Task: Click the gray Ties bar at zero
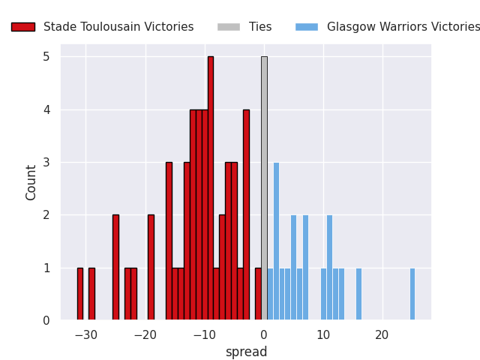click(x=264, y=187)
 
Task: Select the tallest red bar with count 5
click(x=211, y=187)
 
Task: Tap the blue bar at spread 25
click(x=412, y=294)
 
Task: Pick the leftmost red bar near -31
click(x=80, y=294)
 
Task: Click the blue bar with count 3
click(x=276, y=240)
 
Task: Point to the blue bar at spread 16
click(x=358, y=294)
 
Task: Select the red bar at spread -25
click(x=115, y=267)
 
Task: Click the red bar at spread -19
click(x=151, y=267)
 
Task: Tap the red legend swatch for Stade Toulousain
click(x=22, y=27)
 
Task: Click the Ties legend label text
click(x=260, y=27)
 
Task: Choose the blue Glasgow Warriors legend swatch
click(x=307, y=27)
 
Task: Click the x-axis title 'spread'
click(x=246, y=352)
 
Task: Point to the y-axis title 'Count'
click(x=31, y=182)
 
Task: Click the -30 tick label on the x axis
click(x=85, y=334)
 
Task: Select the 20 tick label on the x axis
click(x=382, y=334)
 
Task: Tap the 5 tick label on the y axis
click(x=46, y=57)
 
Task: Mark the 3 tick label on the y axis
click(x=46, y=163)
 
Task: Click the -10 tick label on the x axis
click(x=204, y=334)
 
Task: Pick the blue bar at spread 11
click(x=329, y=267)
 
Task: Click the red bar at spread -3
click(x=246, y=214)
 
